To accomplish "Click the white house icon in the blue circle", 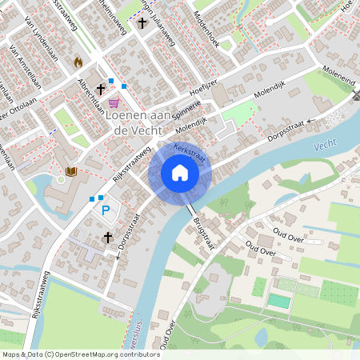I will pyautogui.click(x=180, y=173).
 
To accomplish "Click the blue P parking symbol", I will pyautogui.click(x=105, y=211).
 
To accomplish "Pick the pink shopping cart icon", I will pyautogui.click(x=114, y=103).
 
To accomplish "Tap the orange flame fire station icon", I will pyautogui.click(x=78, y=62).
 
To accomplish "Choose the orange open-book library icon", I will pyautogui.click(x=70, y=171).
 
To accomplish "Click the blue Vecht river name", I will pyautogui.click(x=326, y=146).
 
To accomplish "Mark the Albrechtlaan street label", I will pyautogui.click(x=90, y=94).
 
